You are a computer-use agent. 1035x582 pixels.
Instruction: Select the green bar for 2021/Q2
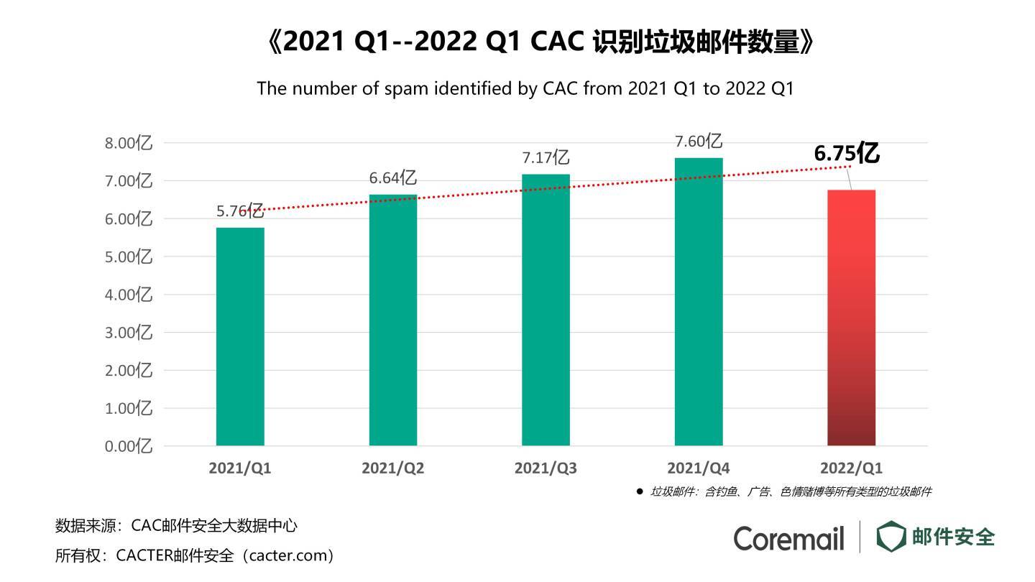click(393, 320)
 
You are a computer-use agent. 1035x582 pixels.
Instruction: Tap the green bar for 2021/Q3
click(546, 310)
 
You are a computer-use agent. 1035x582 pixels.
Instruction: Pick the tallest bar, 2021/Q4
click(699, 302)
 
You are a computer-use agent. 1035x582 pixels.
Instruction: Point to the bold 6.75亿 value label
click(847, 153)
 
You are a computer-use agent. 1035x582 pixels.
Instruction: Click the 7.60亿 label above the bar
click(698, 141)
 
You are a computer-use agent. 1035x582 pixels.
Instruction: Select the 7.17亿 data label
click(546, 157)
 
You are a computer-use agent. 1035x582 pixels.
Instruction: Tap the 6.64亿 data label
click(393, 177)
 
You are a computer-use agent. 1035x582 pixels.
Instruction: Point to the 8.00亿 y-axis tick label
click(129, 143)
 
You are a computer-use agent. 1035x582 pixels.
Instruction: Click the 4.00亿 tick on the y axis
click(129, 295)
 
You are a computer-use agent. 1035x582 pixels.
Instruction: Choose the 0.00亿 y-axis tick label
click(129, 446)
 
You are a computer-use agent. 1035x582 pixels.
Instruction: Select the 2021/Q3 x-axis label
click(546, 468)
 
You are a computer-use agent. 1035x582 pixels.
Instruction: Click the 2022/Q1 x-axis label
click(852, 468)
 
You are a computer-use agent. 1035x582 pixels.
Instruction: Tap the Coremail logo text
click(788, 538)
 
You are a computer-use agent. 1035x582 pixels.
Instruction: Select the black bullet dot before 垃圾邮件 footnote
click(640, 491)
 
